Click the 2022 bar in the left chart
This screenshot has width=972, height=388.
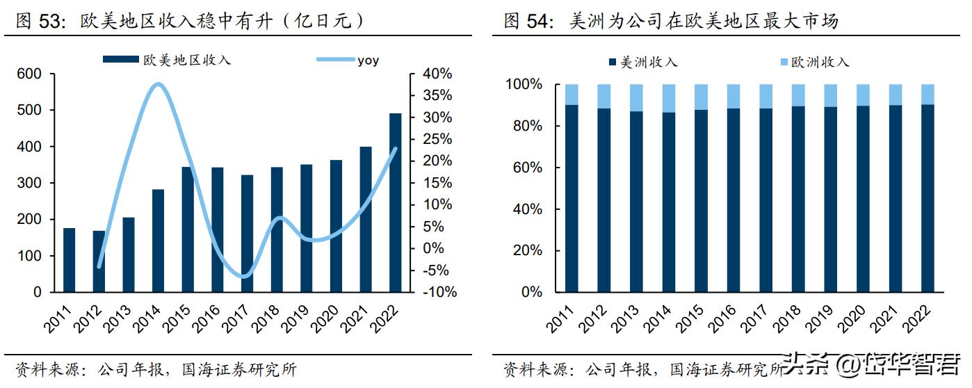395,202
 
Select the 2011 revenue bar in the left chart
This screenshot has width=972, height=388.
69,260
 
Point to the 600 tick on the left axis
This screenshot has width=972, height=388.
29,74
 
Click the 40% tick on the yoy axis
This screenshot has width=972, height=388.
437,74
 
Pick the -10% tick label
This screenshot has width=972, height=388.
439,292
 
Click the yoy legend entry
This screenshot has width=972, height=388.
368,60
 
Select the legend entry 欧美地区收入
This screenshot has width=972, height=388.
186,60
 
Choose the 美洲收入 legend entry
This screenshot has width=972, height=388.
649,63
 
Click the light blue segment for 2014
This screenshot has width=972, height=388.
668,98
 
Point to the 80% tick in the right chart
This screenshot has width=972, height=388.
526,126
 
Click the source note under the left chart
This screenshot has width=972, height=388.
156,369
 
